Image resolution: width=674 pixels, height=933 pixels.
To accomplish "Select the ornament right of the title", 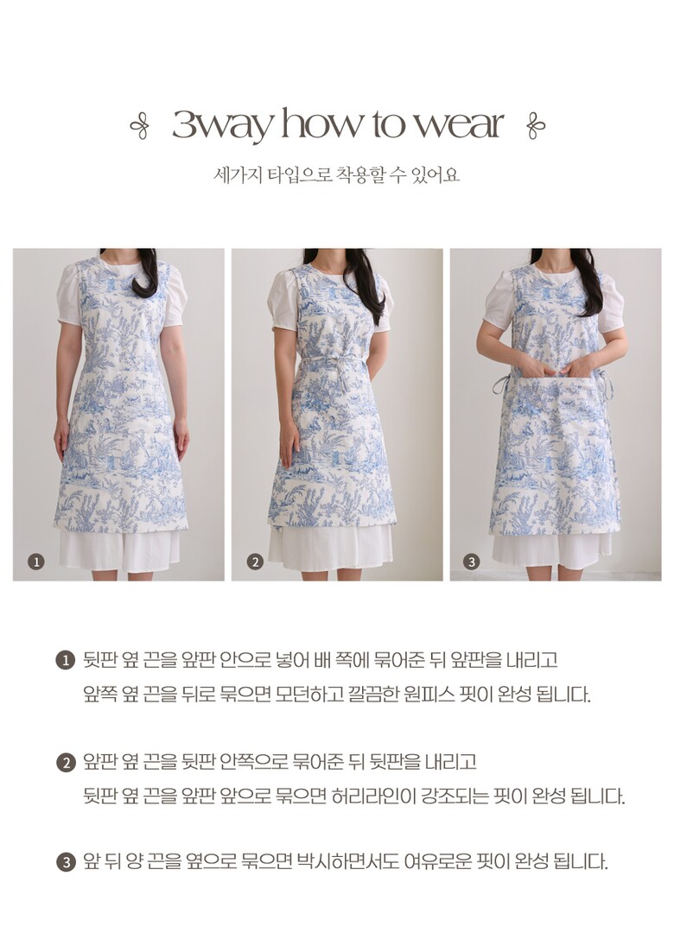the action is [x=535, y=125].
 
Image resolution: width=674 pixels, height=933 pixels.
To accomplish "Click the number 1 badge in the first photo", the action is [x=36, y=562].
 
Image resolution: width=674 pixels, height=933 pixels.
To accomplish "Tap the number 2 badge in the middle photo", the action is [x=255, y=562].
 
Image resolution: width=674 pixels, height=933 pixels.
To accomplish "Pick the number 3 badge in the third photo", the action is [x=472, y=562].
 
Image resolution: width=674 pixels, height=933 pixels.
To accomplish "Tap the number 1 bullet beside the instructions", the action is [x=65, y=661].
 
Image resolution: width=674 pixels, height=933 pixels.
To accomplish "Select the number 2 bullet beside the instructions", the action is [x=65, y=762].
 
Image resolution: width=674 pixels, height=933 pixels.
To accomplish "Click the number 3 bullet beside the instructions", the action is [x=65, y=861].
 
